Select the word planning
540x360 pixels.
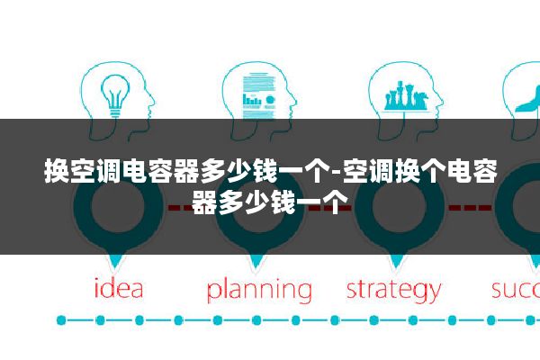259,291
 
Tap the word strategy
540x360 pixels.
393,291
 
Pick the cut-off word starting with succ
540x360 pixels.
516,290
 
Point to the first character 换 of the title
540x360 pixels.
58,170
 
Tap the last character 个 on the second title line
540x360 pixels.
323,201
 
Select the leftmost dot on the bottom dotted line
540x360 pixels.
61,320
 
